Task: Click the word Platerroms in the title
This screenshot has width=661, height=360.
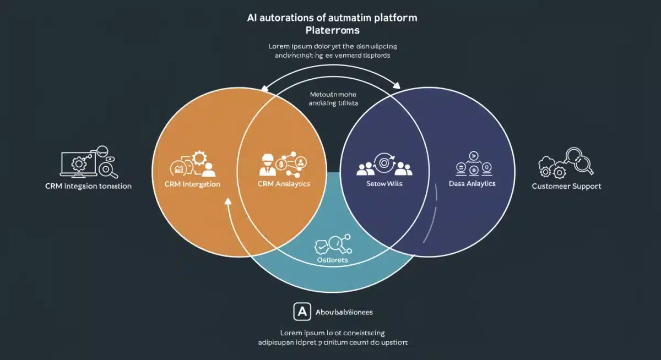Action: tap(332, 30)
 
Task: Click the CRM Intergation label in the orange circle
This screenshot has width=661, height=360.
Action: tap(192, 184)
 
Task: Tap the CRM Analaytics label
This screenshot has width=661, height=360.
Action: tap(284, 184)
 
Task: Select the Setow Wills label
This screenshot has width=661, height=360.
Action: tap(384, 184)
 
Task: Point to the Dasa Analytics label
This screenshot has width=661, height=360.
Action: tap(473, 184)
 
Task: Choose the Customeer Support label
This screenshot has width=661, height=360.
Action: tap(566, 186)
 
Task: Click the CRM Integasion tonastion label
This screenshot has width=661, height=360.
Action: tap(88, 186)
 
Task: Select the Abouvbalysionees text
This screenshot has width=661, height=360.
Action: tap(344, 312)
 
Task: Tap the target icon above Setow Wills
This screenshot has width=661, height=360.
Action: tap(384, 162)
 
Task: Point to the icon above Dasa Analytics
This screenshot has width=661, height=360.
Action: tap(472, 163)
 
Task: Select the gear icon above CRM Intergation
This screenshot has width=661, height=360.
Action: tap(199, 159)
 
